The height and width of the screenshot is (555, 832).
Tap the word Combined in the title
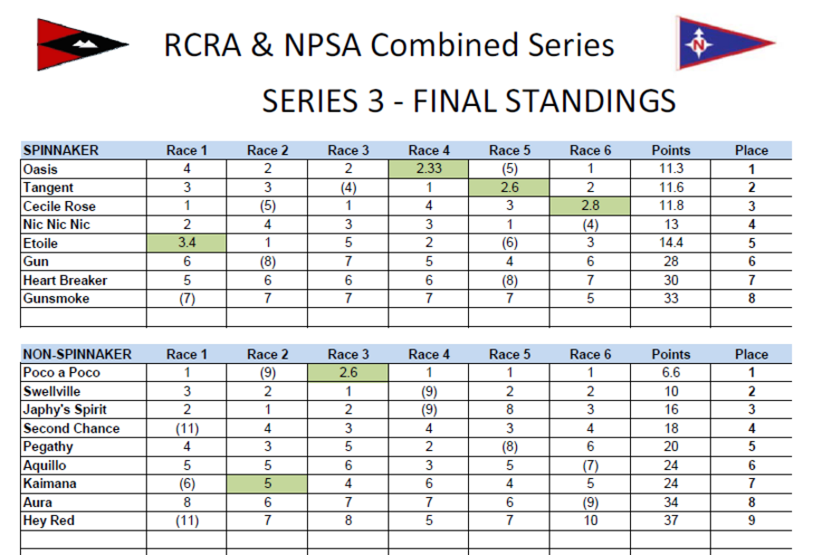pos(443,44)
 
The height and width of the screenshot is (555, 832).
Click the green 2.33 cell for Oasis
pos(429,168)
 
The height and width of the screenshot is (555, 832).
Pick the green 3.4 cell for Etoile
pos(186,243)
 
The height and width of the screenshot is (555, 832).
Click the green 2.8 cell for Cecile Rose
pos(590,206)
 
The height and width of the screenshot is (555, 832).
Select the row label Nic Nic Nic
pos(56,225)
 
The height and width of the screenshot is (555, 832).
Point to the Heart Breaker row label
pos(65,280)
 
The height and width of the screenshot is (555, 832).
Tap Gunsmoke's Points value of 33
pos(671,298)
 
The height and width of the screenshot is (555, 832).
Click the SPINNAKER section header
pos(61,150)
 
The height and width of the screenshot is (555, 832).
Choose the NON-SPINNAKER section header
pos(78,354)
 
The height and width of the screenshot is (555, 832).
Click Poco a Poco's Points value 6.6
pos(671,372)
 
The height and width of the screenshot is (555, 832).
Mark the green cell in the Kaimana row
pos(267,483)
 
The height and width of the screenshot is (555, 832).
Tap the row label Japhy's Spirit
pos(65,409)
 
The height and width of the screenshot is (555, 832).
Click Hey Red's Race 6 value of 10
pos(590,521)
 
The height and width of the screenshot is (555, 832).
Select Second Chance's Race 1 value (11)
pos(186,428)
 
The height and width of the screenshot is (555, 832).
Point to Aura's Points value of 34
pos(671,502)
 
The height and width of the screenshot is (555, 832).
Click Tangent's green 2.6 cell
pos(510,187)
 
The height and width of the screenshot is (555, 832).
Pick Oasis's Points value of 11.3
pos(671,168)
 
